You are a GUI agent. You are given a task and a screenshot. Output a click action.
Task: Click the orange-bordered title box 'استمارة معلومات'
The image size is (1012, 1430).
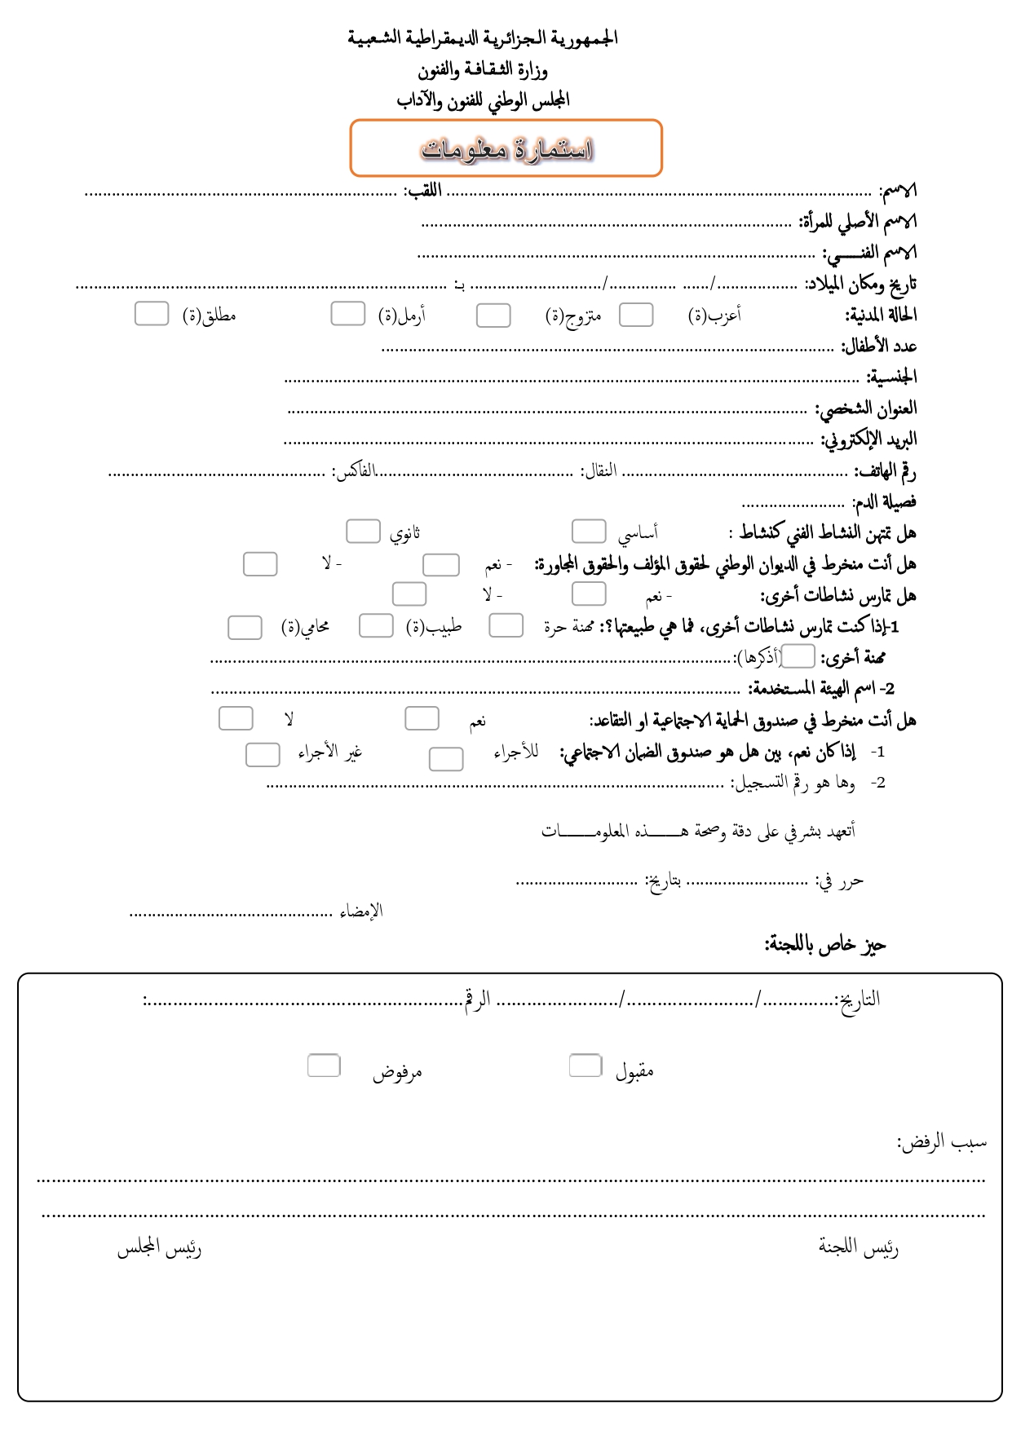click(x=506, y=148)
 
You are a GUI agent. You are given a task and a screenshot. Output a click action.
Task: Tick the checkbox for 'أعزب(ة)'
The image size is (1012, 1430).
click(x=636, y=315)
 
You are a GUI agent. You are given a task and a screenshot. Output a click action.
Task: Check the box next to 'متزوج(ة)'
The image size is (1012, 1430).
click(x=493, y=316)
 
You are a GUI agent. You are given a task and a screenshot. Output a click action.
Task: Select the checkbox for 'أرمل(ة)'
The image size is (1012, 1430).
click(x=347, y=314)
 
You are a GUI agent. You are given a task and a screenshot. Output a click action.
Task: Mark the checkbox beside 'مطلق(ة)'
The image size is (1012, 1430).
click(x=152, y=314)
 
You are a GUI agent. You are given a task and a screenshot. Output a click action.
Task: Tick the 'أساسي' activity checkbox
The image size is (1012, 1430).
click(x=589, y=532)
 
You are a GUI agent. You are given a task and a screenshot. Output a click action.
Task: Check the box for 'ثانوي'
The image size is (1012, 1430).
click(x=363, y=532)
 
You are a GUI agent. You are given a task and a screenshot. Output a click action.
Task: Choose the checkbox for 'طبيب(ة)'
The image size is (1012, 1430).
click(x=376, y=626)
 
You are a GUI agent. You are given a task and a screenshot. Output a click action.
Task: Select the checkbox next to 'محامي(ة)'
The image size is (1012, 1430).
click(x=245, y=628)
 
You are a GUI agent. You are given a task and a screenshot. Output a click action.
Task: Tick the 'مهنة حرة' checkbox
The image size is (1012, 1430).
click(x=506, y=626)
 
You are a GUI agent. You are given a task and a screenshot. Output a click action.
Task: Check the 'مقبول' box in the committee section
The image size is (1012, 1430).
click(x=586, y=1066)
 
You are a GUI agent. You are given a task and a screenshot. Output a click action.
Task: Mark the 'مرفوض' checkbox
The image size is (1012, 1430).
click(x=324, y=1066)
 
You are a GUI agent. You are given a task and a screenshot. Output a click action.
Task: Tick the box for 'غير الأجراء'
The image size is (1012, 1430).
click(x=263, y=755)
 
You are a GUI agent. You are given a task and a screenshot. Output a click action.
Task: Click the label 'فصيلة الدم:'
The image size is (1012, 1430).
click(x=884, y=501)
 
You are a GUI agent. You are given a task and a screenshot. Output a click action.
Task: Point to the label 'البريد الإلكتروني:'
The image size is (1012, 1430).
click(x=868, y=439)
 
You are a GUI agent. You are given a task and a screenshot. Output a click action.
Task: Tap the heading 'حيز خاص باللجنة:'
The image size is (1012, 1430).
click(x=824, y=945)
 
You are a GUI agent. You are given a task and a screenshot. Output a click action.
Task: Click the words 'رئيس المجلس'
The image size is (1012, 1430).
click(x=159, y=1248)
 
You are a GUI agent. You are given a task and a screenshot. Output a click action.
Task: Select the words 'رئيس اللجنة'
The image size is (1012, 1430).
click(x=859, y=1248)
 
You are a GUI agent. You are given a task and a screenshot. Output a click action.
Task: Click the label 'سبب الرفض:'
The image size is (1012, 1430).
click(x=942, y=1142)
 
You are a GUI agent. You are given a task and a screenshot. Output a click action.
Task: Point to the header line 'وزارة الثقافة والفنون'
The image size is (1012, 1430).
click(x=483, y=70)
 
